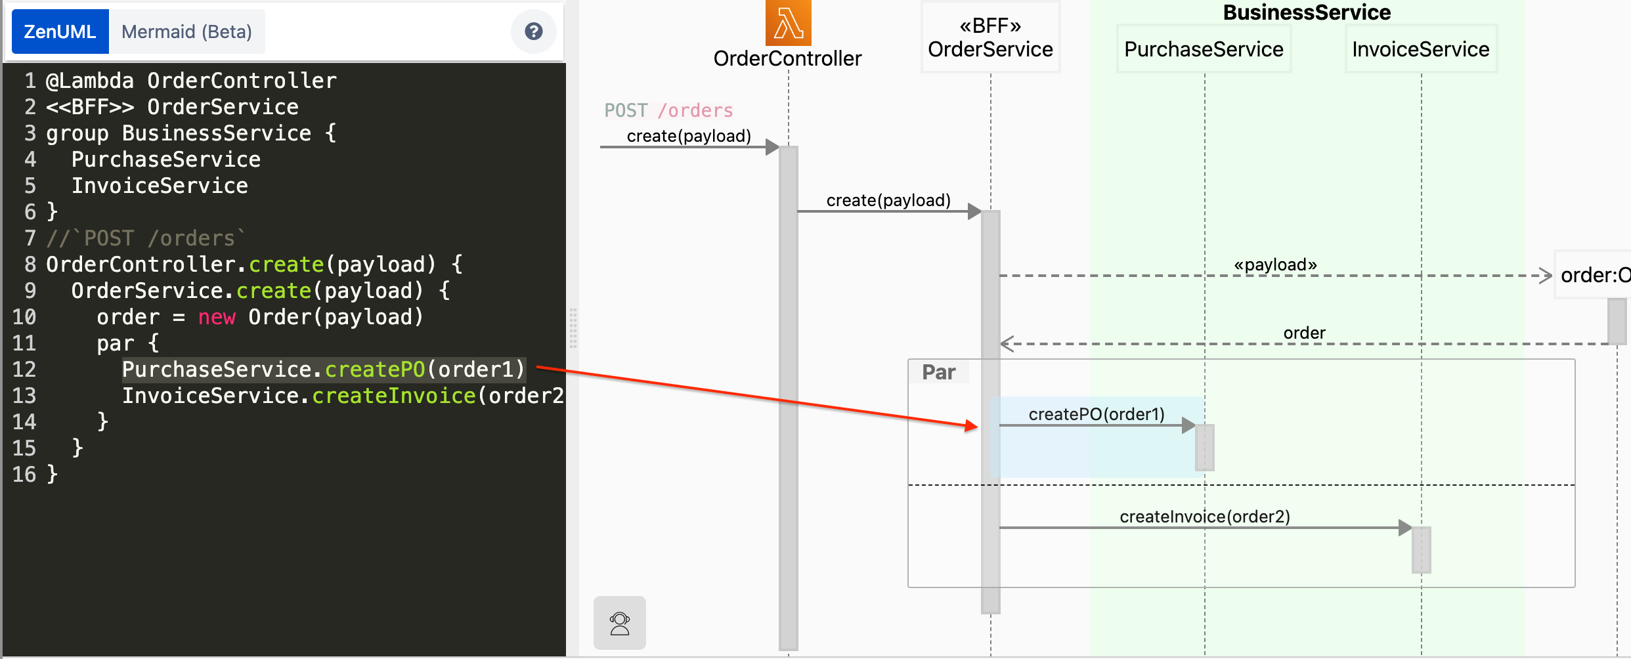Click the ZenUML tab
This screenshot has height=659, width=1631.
(60, 32)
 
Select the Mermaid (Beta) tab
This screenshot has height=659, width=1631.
(186, 32)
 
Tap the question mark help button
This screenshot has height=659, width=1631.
(533, 31)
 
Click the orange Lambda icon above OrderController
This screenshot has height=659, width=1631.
(788, 23)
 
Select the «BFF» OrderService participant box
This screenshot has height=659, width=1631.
(990, 37)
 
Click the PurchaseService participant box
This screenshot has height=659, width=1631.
(1204, 49)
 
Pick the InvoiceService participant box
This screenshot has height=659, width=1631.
(1421, 49)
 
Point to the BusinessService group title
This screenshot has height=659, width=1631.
(1307, 12)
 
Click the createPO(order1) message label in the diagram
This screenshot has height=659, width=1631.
(1097, 414)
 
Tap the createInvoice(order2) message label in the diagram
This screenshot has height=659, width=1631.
(1205, 517)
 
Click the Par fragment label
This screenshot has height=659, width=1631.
(938, 372)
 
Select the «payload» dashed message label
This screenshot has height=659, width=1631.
(1275, 265)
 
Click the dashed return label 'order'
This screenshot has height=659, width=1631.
(1304, 333)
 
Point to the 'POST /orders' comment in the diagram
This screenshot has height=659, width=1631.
(668, 110)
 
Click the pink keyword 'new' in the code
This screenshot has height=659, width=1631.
(217, 317)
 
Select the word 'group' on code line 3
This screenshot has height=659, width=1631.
(77, 133)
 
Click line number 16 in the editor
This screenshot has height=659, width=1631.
(24, 475)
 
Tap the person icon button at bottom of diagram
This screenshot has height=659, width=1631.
(620, 623)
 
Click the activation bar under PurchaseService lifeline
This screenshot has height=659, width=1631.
(1205, 447)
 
